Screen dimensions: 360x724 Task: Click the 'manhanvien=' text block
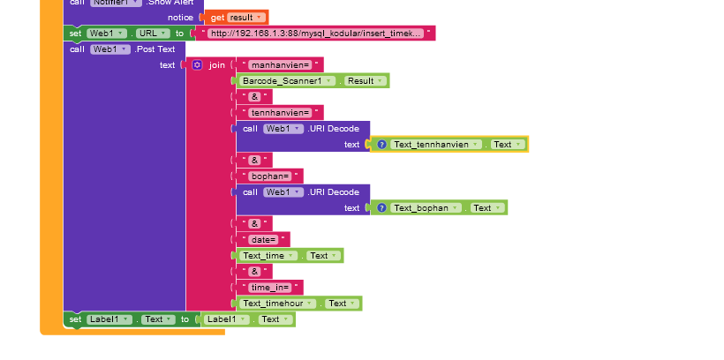280,64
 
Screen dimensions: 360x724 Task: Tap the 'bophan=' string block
272,176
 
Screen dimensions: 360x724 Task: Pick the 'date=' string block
264,239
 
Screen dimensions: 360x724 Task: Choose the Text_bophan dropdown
426,207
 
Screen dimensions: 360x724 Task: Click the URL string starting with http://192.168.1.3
316,34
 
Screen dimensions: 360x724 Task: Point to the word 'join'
216,65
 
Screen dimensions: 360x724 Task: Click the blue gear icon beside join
197,65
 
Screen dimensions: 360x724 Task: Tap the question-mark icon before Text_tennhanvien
381,144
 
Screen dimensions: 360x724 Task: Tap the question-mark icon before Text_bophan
381,207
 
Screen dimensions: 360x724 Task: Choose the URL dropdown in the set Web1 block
147,34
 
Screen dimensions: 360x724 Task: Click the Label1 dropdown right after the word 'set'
110,319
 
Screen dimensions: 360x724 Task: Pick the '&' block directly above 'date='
254,223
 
